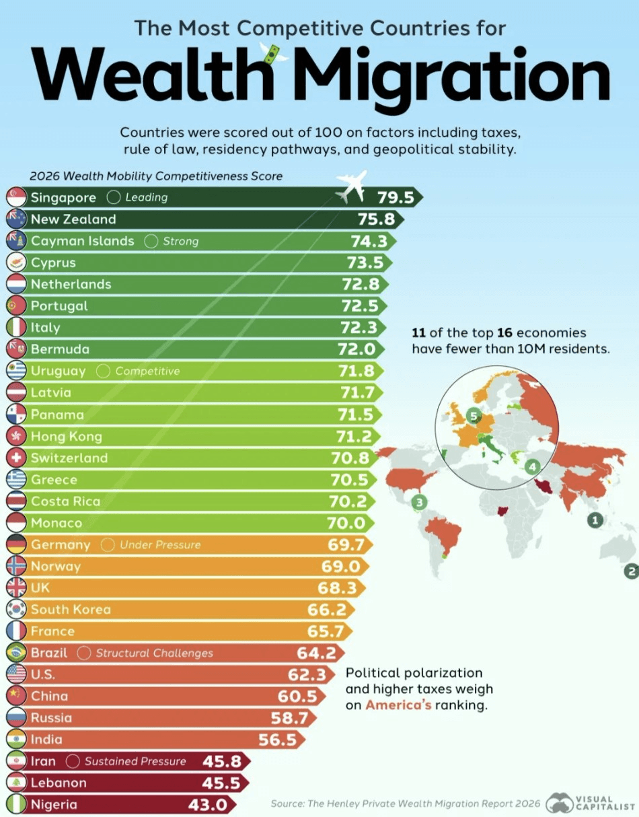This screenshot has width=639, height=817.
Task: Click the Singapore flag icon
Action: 17,197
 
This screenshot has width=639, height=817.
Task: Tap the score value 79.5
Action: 396,197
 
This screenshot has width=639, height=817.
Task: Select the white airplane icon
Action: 351,186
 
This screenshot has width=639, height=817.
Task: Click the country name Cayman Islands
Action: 82,241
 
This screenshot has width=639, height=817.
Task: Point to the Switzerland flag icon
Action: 17,458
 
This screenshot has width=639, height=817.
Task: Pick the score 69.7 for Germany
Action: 346,544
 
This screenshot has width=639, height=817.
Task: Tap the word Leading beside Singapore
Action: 147,197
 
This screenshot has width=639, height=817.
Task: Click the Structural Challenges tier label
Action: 155,653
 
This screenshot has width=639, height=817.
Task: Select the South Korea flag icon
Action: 17,609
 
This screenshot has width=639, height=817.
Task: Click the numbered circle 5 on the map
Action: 474,416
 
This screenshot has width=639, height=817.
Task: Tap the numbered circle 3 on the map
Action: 420,502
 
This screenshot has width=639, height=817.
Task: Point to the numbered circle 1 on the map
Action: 595,520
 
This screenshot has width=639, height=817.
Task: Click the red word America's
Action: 398,705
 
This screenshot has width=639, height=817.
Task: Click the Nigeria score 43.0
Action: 208,805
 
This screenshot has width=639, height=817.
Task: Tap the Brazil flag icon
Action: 17,653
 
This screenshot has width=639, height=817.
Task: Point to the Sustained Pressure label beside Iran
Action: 135,761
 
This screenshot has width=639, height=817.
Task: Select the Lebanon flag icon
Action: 17,783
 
